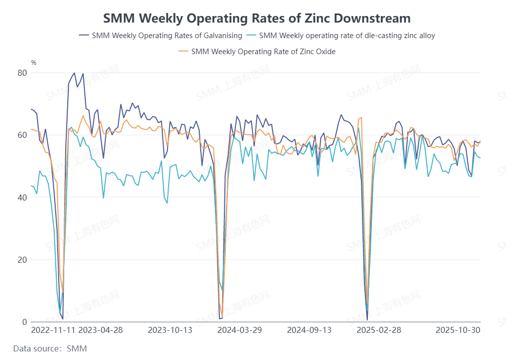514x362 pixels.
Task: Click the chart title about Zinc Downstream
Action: pyautogui.click(x=256, y=19)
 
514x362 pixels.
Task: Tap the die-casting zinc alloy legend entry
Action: pyautogui.click(x=347, y=36)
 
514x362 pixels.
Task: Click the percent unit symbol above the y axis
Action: pyautogui.click(x=34, y=63)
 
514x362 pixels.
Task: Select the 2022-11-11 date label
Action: pyautogui.click(x=53, y=330)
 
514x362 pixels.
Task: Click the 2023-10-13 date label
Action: pyautogui.click(x=170, y=330)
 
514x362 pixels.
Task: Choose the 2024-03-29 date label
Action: pyautogui.click(x=240, y=330)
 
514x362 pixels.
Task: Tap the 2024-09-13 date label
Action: pyautogui.click(x=309, y=330)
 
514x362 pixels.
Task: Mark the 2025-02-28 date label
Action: pyautogui.click(x=378, y=330)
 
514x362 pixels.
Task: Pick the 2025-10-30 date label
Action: pyautogui.click(x=458, y=330)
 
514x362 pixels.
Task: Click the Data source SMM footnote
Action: pyautogui.click(x=50, y=348)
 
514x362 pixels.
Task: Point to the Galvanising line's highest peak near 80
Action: pyautogui.click(x=75, y=73)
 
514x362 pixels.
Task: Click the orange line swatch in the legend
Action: pyautogui.click(x=184, y=51)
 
